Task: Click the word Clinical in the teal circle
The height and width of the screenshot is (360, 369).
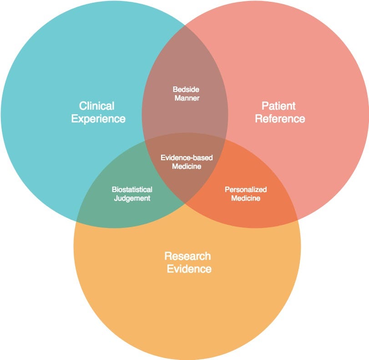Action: [97, 106]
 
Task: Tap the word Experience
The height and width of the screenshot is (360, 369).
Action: [98, 119]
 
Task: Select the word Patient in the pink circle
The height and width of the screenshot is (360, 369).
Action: [278, 106]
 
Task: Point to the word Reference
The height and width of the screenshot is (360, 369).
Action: [280, 118]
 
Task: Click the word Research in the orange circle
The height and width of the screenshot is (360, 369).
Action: [187, 256]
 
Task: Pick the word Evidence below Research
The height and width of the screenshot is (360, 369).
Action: [189, 269]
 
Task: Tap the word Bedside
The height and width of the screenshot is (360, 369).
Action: [186, 90]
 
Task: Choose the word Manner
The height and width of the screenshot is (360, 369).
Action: [187, 98]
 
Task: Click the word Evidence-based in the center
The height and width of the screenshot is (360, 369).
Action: [187, 157]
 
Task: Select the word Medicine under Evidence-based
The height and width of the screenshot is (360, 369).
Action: [187, 166]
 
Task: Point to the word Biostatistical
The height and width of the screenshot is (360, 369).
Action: [132, 189]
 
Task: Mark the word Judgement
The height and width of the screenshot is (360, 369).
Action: [132, 198]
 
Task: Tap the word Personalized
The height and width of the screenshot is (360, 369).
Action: [246, 189]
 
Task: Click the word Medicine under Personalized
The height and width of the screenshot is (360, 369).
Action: [246, 198]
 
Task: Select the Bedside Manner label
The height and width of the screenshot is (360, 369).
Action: [186, 94]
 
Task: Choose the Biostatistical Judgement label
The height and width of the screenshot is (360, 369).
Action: [132, 194]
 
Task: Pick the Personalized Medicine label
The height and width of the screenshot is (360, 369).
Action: [246, 194]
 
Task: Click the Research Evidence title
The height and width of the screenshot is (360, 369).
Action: [188, 263]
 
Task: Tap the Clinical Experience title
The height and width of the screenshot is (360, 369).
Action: [98, 113]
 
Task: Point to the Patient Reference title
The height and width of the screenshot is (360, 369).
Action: [280, 112]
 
